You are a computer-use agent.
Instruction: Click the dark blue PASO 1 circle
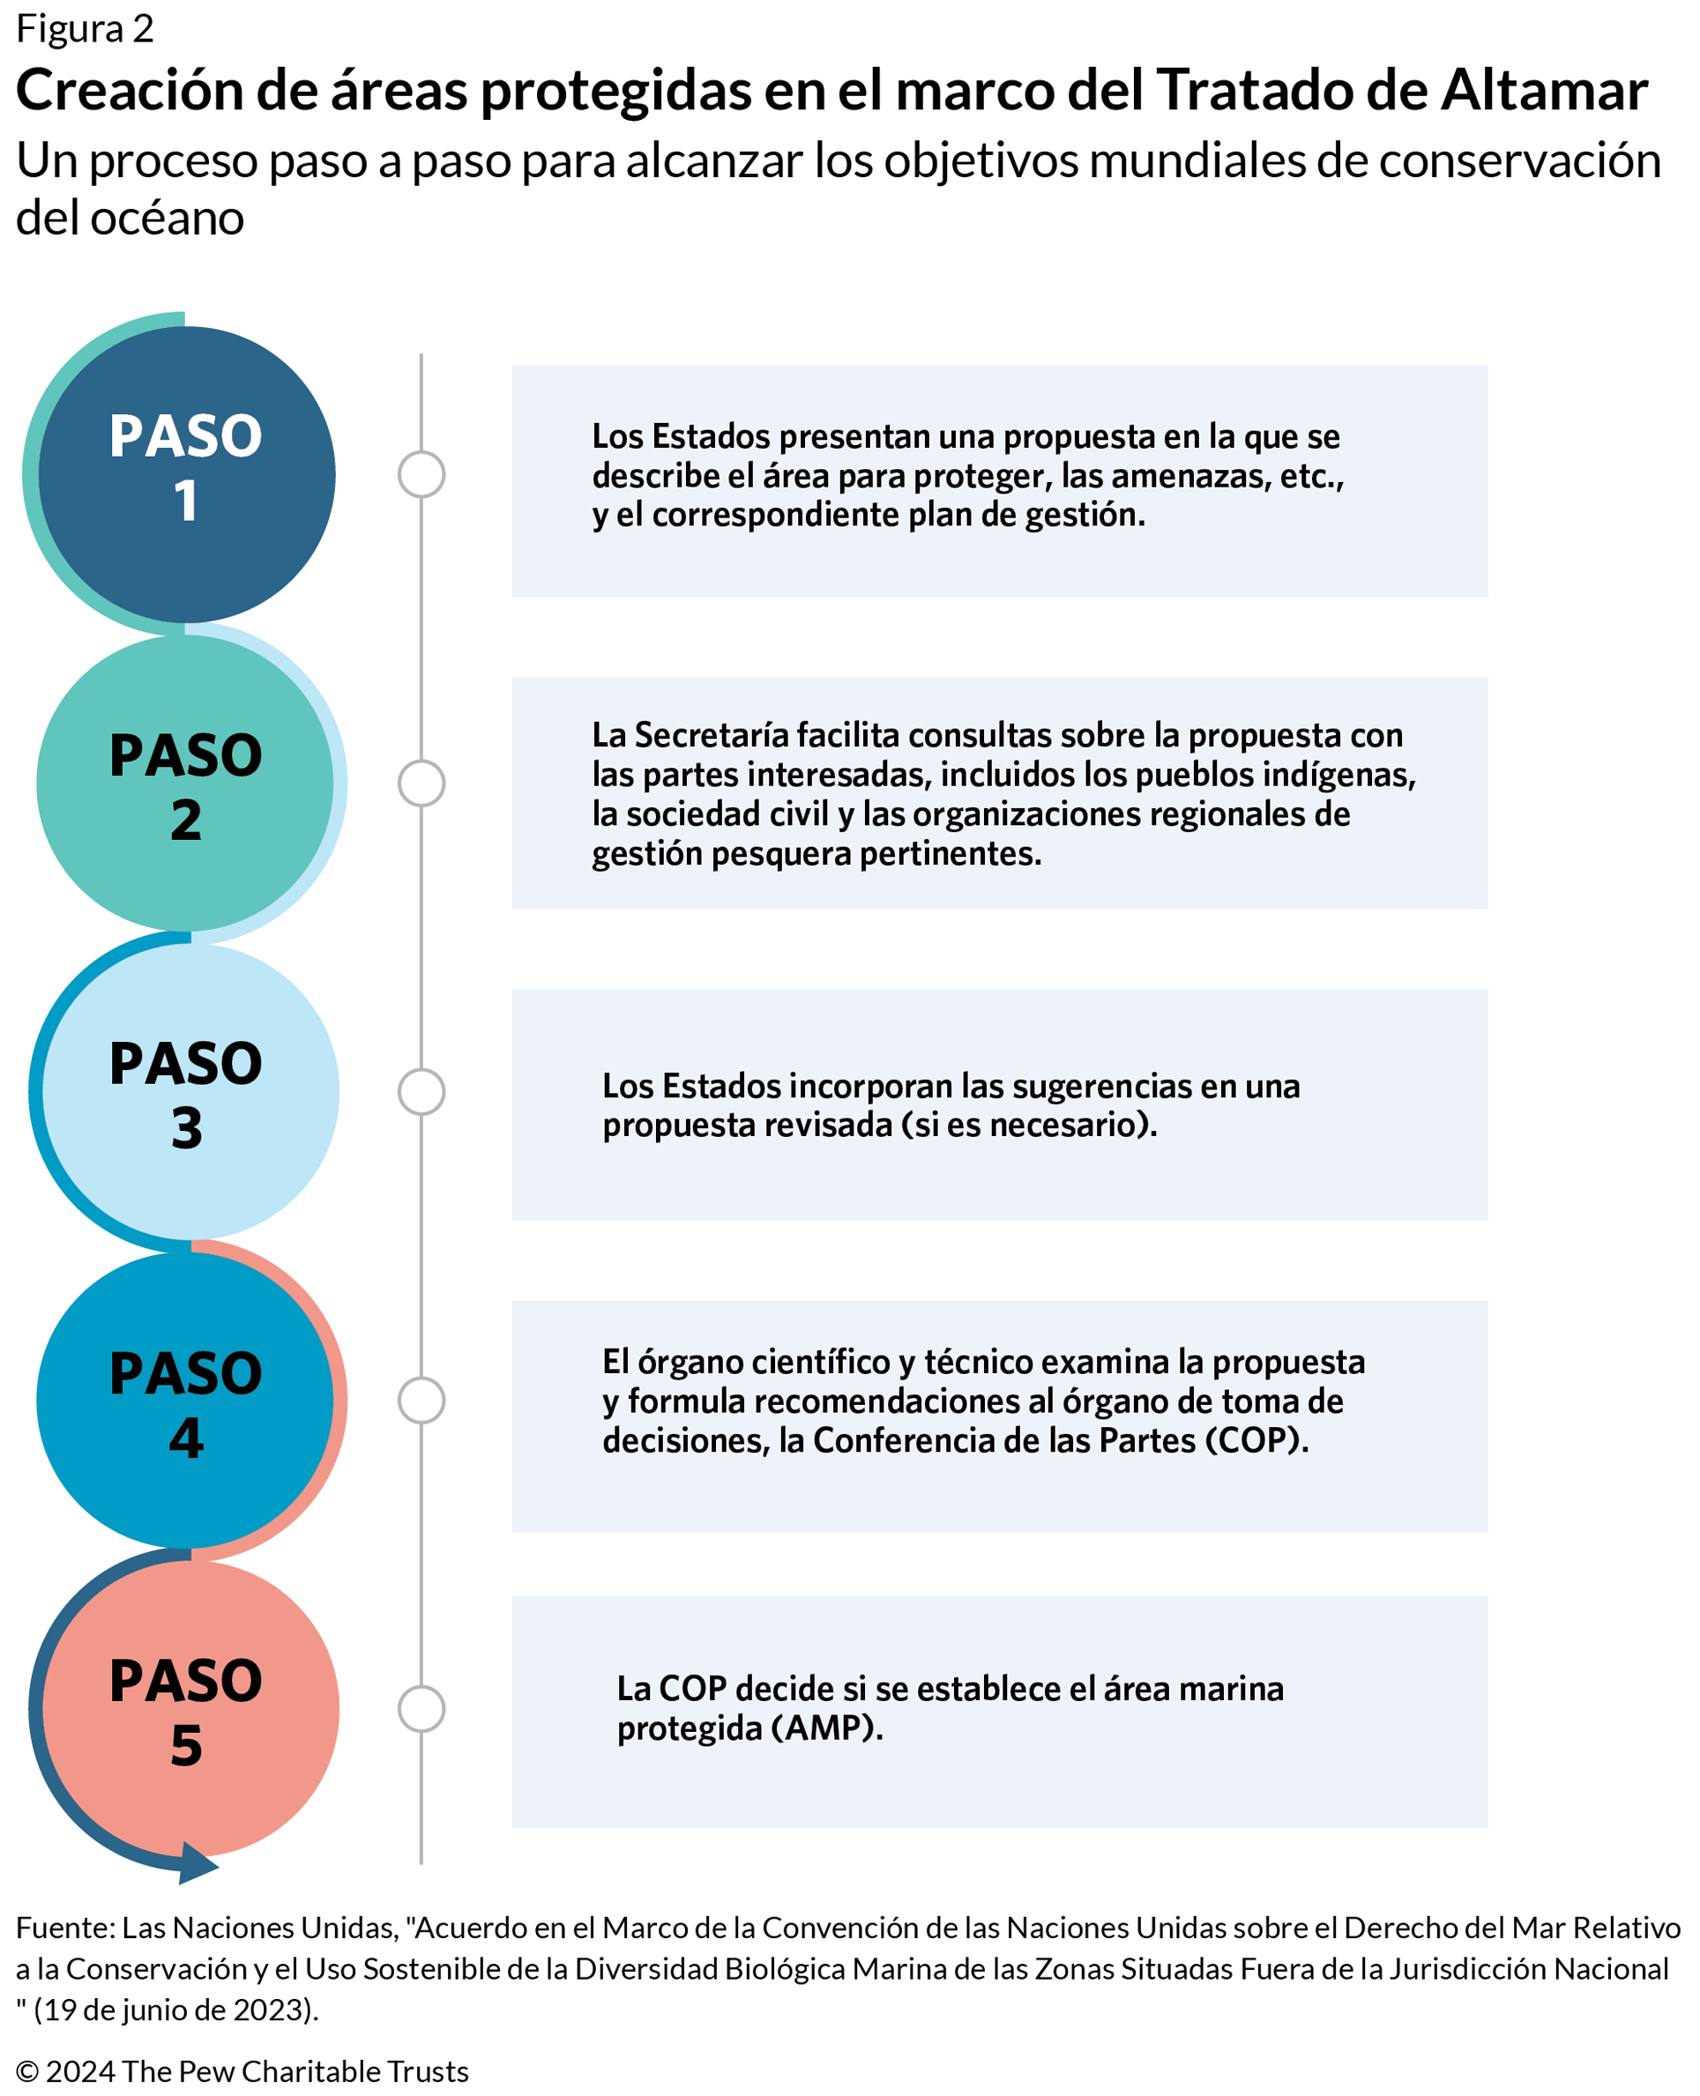click(186, 474)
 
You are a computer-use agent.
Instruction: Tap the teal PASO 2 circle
click(186, 784)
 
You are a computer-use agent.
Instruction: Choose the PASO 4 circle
click(186, 1400)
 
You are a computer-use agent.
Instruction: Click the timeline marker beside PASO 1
click(421, 474)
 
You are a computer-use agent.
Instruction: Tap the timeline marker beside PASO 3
click(421, 1091)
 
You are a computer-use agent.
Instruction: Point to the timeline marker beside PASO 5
click(421, 1709)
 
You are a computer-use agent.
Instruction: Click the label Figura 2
click(86, 29)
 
